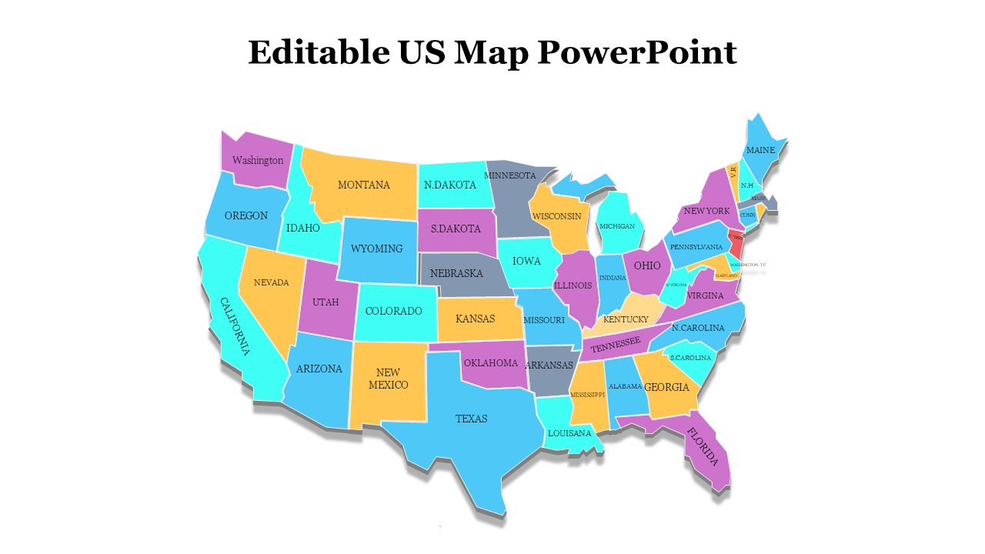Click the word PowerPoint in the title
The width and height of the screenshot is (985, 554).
[636, 53]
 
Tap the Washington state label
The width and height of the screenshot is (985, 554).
[258, 161]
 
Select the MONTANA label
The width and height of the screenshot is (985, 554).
[364, 185]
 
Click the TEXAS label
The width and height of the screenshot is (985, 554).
[471, 419]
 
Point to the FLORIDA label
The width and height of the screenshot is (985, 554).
[703, 447]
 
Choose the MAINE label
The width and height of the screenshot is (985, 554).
[760, 150]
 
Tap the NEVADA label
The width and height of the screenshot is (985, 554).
[272, 282]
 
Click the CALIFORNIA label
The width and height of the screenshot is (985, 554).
[235, 326]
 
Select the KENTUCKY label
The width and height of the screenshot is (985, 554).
[626, 319]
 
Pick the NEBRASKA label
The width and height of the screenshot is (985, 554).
[456, 273]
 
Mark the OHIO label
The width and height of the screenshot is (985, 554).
[647, 265]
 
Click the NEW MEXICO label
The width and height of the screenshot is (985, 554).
[389, 379]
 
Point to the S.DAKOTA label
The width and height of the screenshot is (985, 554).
[456, 229]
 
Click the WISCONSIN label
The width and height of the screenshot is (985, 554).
[557, 216]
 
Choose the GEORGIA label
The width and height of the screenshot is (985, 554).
[666, 388]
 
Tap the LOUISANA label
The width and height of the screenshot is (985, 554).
[569, 433]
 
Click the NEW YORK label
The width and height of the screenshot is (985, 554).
[706, 211]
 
